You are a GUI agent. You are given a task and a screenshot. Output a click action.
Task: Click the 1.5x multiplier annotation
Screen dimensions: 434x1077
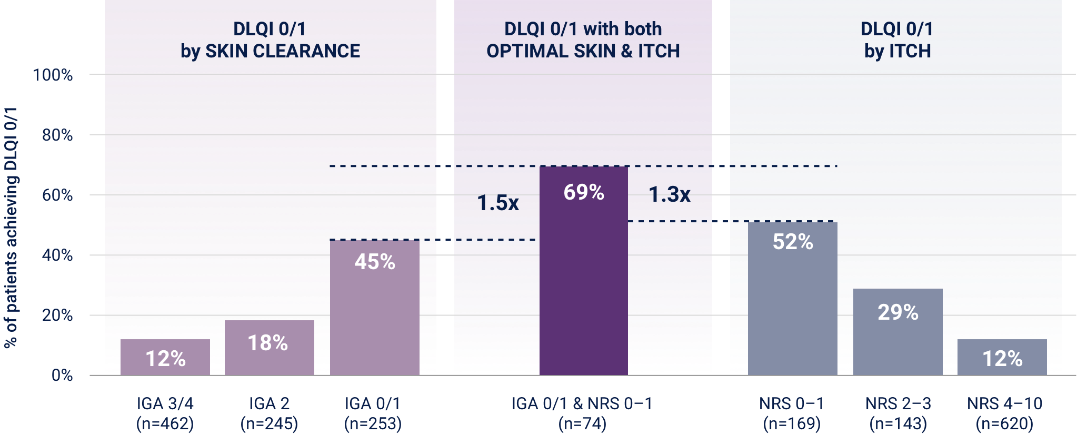pos(497,203)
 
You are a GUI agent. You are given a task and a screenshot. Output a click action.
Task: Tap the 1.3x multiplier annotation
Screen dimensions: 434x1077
pos(669,195)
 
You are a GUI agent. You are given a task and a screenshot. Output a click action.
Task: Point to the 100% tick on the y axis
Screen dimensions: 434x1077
pos(53,75)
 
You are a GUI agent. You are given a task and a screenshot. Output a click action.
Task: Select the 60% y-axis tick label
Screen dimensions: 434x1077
pos(57,195)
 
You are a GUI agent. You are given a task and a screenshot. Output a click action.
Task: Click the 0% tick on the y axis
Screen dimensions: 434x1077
pos(62,376)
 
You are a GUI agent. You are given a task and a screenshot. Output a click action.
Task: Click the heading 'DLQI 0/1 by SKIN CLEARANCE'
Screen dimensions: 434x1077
pos(270,40)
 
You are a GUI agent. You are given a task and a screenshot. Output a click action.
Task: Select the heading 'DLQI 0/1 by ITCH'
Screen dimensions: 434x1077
pos(897,40)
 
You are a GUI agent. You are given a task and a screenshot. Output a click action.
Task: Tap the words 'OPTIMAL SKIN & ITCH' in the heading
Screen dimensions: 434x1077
pos(583,51)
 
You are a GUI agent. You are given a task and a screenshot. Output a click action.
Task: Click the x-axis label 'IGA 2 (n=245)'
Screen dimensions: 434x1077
pos(269,413)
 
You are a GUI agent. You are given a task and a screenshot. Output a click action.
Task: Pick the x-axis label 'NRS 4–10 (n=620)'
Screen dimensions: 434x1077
pos(1004,413)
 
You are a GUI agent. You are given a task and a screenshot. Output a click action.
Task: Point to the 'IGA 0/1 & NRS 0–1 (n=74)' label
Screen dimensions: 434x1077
pos(582,413)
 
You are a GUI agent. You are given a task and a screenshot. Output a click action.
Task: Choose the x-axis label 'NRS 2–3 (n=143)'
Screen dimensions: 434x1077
pos(898,413)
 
